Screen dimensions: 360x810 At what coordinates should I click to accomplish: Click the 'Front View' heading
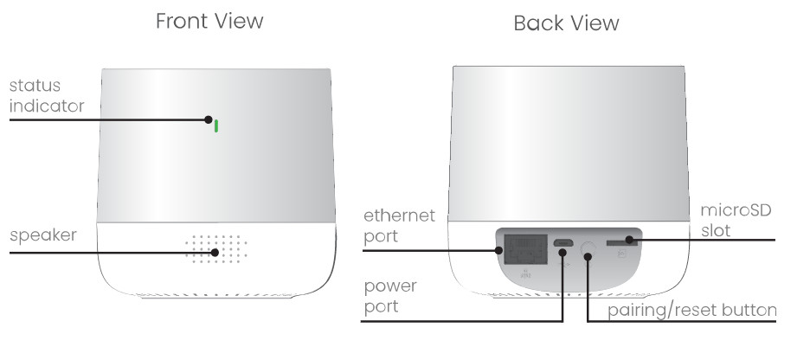[209, 22]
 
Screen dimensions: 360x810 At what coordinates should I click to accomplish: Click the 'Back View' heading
[566, 23]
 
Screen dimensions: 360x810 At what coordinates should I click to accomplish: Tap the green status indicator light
[215, 125]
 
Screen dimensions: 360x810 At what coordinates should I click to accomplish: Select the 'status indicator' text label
[47, 96]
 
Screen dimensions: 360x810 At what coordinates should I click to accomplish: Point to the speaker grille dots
[215, 247]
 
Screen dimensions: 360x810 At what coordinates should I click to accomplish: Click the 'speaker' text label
[44, 236]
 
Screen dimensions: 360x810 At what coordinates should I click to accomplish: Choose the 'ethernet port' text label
[399, 225]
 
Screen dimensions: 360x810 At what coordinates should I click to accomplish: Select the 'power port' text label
[389, 295]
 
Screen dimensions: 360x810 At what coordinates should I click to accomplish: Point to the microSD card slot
[622, 243]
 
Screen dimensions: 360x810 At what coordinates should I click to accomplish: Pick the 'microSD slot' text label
[735, 221]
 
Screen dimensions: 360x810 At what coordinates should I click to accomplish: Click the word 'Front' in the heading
[183, 22]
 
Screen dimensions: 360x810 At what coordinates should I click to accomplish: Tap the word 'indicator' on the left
[47, 106]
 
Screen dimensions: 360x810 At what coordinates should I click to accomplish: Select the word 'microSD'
[735, 211]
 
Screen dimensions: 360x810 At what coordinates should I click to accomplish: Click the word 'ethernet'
[399, 215]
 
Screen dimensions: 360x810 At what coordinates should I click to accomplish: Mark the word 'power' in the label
[389, 286]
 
